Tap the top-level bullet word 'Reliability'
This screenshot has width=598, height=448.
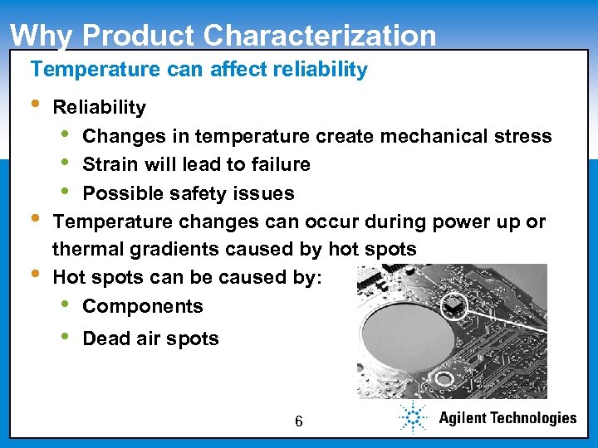pyautogui.click(x=99, y=107)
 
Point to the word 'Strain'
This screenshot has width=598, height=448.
pyautogui.click(x=110, y=164)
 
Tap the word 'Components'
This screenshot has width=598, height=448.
pyautogui.click(x=143, y=306)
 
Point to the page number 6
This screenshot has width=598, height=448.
pyautogui.click(x=298, y=422)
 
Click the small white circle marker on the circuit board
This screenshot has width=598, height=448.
pyautogui.click(x=453, y=307)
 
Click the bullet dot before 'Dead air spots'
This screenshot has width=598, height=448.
pyautogui.click(x=66, y=338)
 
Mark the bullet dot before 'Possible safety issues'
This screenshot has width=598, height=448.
pyautogui.click(x=66, y=192)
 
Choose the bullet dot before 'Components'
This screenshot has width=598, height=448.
pyautogui.click(x=66, y=304)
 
